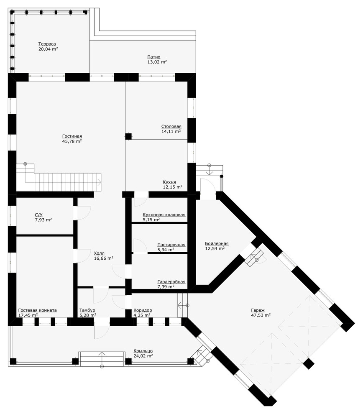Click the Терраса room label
pos(47,44)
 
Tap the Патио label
pos(153,57)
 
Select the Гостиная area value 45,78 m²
pos(72,141)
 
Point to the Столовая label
pos(171,126)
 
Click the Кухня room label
pos(169,182)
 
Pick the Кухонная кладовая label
pos(164,215)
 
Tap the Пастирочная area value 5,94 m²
pos(166,250)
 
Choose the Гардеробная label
pos(171,282)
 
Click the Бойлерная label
pos(217,243)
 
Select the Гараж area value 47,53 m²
pos(261,315)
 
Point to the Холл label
pos(99,253)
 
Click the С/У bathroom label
pos(39,215)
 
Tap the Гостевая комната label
pos(38,310)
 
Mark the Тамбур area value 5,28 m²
pos(88,315)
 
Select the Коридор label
pos(143,310)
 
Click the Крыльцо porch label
pos(143,351)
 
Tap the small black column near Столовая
pos(128,136)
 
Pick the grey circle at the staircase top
pos(26,164)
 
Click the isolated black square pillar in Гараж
pos(309,364)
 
